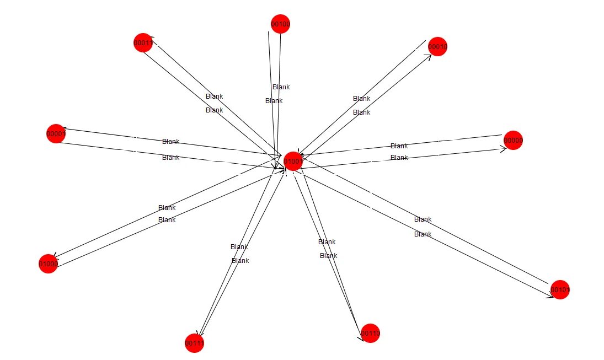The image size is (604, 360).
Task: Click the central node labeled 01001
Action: pyautogui.click(x=292, y=162)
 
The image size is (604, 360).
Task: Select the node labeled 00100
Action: pyautogui.click(x=280, y=24)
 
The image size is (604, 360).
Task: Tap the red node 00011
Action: pyautogui.click(x=143, y=42)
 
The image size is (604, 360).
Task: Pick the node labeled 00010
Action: pyautogui.click(x=437, y=47)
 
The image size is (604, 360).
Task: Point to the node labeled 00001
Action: pyautogui.click(x=56, y=133)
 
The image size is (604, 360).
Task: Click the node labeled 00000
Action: pyautogui.click(x=513, y=141)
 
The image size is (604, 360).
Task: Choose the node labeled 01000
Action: pyautogui.click(x=49, y=264)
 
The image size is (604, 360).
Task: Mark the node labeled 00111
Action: pyautogui.click(x=195, y=343)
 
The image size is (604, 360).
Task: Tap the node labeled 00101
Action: pyautogui.click(x=560, y=289)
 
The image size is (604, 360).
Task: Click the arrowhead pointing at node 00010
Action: pyautogui.click(x=427, y=57)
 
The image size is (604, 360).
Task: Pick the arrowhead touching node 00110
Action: pyautogui.click(x=361, y=337)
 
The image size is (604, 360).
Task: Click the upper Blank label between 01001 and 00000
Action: pyautogui.click(x=399, y=146)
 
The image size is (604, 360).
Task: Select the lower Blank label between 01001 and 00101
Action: pyautogui.click(x=423, y=234)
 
